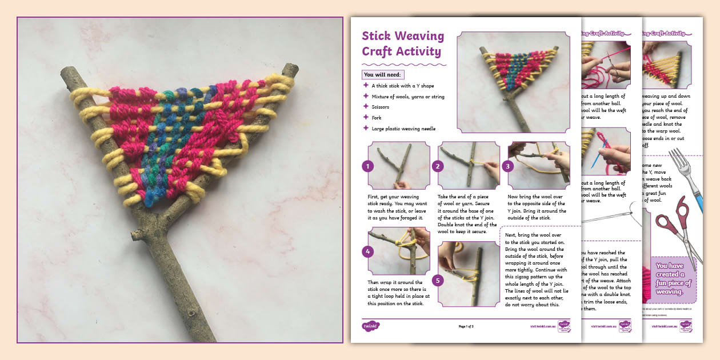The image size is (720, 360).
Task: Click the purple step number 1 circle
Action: (368, 166)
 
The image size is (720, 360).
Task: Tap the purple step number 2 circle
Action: (438, 166)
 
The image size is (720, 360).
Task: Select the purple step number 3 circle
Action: (508, 166)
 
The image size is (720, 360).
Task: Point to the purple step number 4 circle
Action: (368, 251)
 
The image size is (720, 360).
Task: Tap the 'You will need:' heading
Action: (383, 74)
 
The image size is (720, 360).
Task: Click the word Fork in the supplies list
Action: (377, 118)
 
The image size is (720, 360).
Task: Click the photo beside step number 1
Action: (399, 165)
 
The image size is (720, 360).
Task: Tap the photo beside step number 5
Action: (469, 273)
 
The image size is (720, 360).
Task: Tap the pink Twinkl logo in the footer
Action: (371, 326)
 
